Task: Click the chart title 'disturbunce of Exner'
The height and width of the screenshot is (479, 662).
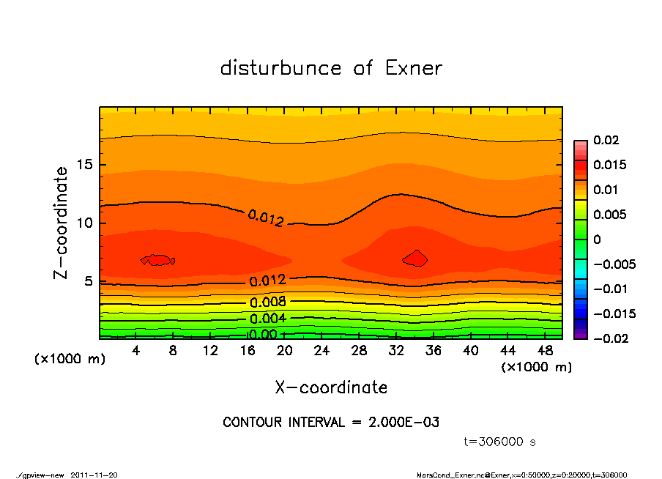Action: coord(331,68)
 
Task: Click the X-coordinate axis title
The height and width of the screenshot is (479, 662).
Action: coord(331,387)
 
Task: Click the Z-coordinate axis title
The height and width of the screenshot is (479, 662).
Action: coord(62,222)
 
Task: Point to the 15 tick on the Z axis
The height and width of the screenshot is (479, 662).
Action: coord(83,165)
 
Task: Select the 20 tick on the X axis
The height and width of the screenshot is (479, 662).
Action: coord(285,351)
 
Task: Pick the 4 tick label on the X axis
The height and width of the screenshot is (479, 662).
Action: coord(136,351)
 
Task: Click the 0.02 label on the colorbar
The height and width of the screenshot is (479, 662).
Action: coord(606,140)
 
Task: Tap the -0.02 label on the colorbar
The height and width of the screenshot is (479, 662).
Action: coord(609,338)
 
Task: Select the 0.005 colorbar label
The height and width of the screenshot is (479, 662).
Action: coord(609,215)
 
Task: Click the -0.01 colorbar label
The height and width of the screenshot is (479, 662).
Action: coord(609,289)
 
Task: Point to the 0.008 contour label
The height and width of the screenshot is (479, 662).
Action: coord(268,302)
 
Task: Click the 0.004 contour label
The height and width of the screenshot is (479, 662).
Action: coord(268,319)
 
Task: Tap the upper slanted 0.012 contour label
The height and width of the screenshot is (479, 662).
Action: coord(265,218)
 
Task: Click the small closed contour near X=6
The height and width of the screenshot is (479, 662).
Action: coord(158,259)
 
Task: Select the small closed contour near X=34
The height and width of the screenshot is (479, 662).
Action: coord(415,258)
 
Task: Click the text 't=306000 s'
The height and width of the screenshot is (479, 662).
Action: coord(500,442)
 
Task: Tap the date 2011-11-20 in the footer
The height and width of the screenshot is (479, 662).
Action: coord(94,475)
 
